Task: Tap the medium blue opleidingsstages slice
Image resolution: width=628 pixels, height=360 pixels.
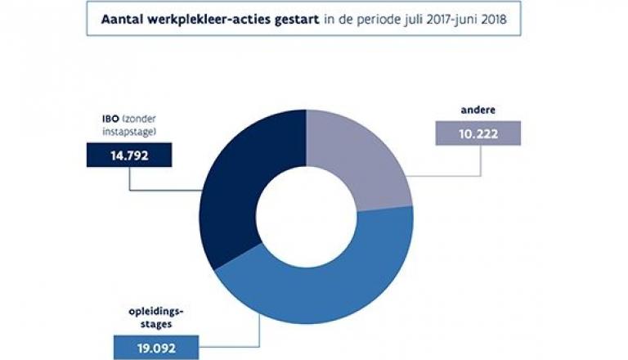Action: point(327,282)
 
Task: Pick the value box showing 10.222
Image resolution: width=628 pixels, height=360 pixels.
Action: point(478,133)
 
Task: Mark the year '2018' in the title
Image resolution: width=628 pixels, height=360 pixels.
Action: point(495,20)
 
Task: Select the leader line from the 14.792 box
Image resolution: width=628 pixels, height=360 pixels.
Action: point(130,180)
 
